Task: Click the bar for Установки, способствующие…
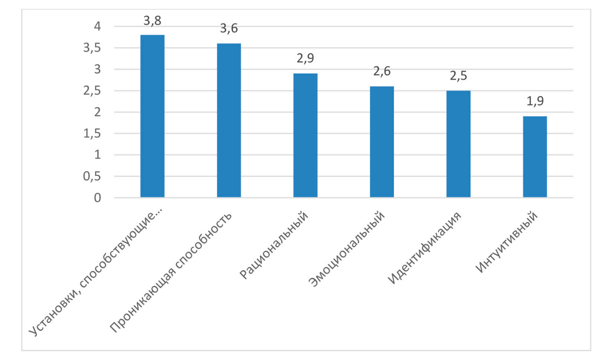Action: (x=152, y=116)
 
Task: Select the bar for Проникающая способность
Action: (x=229, y=120)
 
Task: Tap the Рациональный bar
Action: (x=305, y=136)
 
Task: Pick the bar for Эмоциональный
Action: (x=382, y=142)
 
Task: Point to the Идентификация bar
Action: (x=458, y=144)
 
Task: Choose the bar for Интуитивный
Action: (x=535, y=157)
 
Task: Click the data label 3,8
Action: (x=152, y=21)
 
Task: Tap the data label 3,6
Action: (x=229, y=29)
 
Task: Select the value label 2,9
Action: (x=305, y=58)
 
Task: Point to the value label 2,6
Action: (x=382, y=71)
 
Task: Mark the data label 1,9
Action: (x=535, y=101)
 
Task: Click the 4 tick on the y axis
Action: (x=97, y=26)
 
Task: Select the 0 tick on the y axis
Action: (x=97, y=198)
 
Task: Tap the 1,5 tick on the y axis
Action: (x=92, y=133)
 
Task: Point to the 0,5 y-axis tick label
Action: (x=92, y=176)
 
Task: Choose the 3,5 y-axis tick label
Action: (x=92, y=48)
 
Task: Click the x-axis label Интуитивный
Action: (x=507, y=243)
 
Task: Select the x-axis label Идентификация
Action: (x=424, y=248)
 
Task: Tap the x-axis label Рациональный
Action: (x=274, y=245)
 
